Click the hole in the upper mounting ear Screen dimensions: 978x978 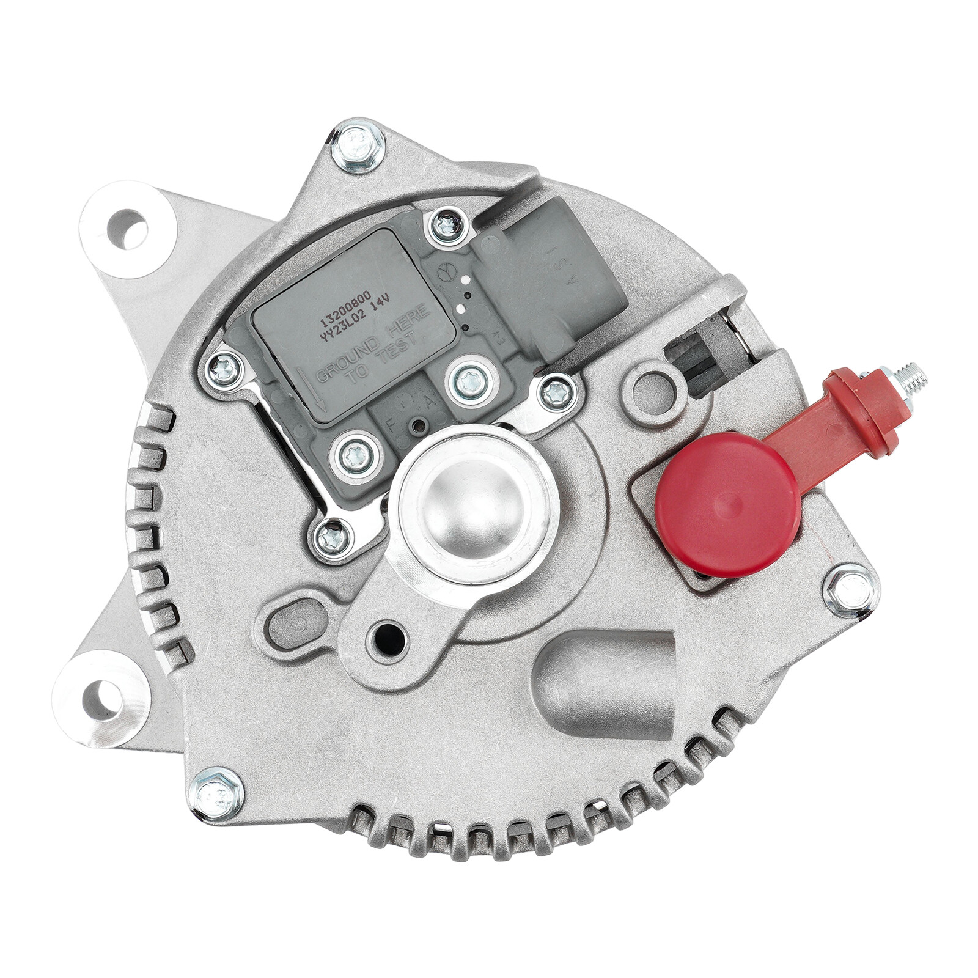pyautogui.click(x=127, y=229)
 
